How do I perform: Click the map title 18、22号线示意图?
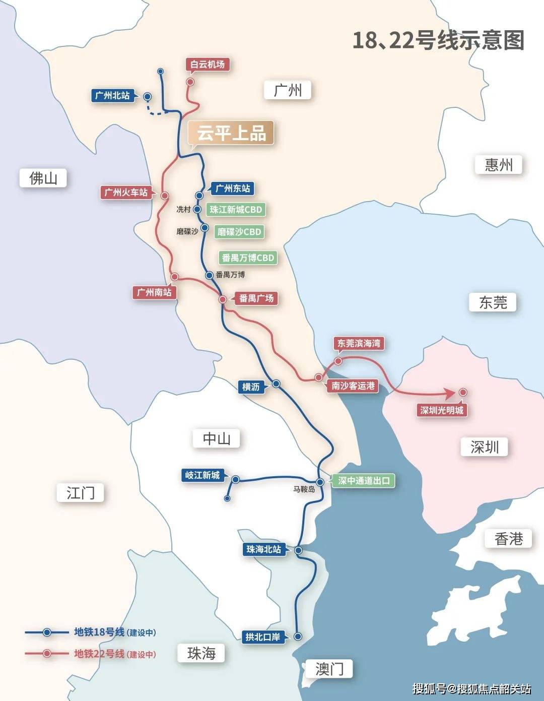438,40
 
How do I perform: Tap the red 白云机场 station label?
207,65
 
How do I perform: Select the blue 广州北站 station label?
112,95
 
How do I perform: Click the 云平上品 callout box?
231,134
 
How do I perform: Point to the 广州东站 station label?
232,188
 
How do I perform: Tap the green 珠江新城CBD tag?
236,210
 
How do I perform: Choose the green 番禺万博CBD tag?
248,258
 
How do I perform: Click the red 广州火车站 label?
126,193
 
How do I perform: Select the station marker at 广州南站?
174,277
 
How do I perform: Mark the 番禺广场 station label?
256,298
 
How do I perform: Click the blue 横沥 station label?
251,387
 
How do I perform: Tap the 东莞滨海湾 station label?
359,343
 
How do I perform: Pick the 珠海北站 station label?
263,549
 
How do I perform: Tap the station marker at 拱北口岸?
298,636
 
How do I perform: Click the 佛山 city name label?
43,178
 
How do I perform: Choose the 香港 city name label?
509,539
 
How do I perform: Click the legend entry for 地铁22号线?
99,654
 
